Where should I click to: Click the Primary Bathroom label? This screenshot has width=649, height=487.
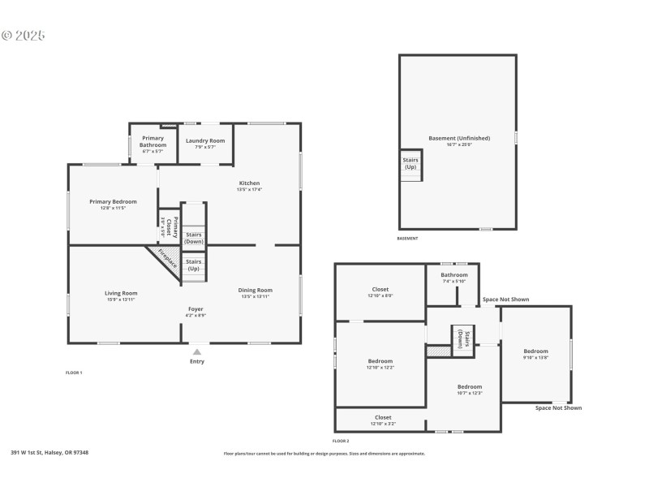(153, 141)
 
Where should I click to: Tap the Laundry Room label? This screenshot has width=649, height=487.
(205, 141)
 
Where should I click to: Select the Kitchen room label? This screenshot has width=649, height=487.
(249, 183)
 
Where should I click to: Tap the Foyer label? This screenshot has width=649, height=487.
(196, 309)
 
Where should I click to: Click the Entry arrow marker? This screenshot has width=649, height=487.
(196, 351)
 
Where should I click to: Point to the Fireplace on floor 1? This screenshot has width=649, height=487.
(167, 259)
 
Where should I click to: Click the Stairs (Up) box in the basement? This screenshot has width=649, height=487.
(410, 163)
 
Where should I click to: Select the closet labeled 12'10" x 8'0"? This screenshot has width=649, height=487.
(380, 290)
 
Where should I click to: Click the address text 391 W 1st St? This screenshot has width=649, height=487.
(49, 453)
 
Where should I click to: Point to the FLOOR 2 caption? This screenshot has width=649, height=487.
(341, 441)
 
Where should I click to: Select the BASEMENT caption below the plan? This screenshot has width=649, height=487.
(407, 239)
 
